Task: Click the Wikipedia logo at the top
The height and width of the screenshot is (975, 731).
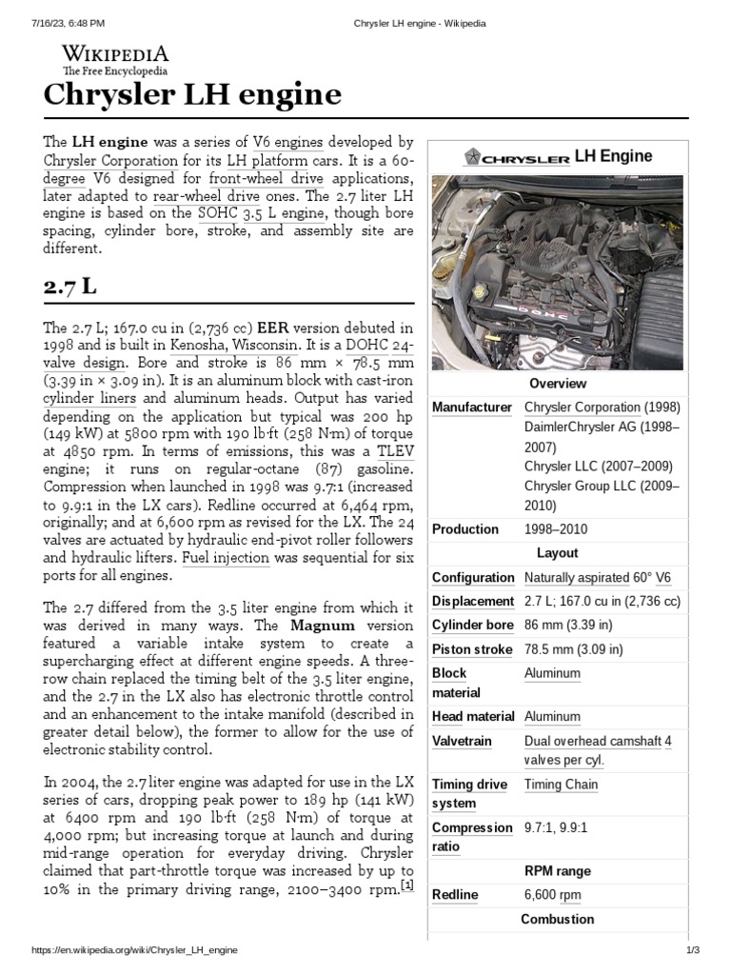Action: [116, 58]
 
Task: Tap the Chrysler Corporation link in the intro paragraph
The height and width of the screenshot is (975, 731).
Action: [110, 161]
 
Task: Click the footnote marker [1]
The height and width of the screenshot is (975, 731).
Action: [406, 885]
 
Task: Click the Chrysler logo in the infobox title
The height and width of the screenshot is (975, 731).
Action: [517, 157]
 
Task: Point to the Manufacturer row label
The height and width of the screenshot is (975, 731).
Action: [472, 408]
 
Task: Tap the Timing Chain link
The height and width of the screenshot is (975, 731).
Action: [561, 785]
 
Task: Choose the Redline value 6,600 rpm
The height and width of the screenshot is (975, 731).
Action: [553, 895]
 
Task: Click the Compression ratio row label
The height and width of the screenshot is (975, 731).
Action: [472, 837]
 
